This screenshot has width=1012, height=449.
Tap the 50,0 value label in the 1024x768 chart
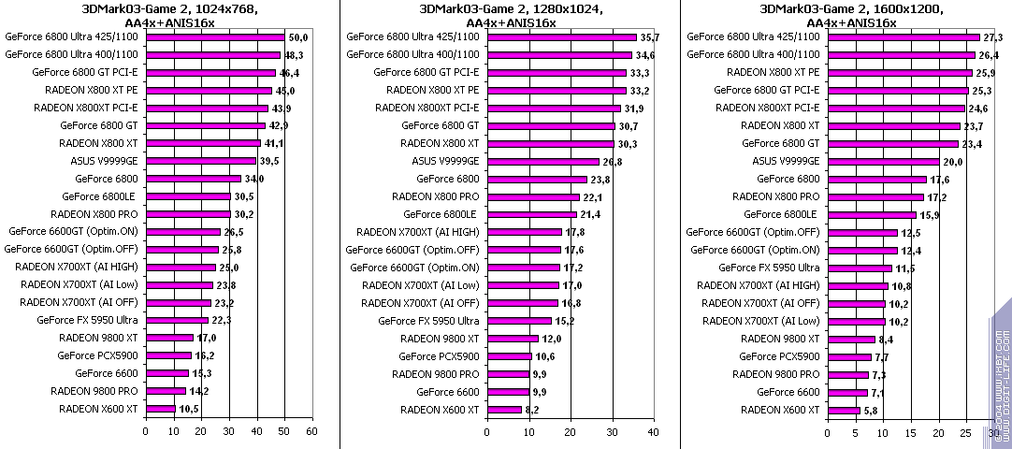(299, 36)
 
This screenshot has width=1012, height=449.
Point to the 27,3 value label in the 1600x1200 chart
(992, 36)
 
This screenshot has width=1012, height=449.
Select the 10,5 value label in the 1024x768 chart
(189, 410)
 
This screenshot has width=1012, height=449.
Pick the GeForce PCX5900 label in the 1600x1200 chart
(779, 356)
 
